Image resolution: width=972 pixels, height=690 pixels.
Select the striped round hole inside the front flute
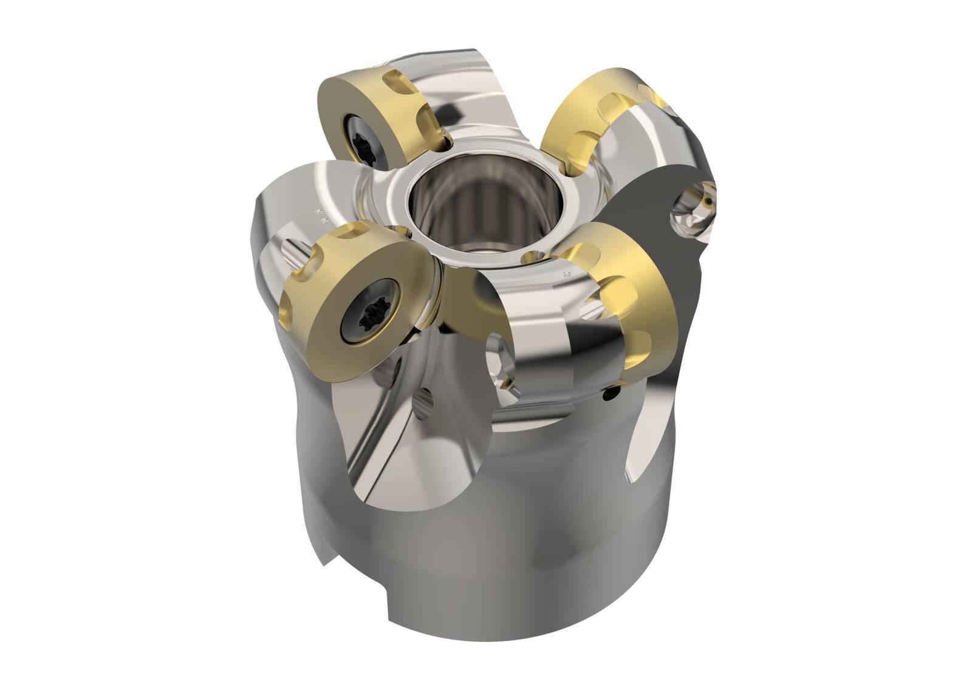(x=423, y=405)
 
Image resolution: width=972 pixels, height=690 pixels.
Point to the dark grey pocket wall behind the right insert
(x=644, y=201)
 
